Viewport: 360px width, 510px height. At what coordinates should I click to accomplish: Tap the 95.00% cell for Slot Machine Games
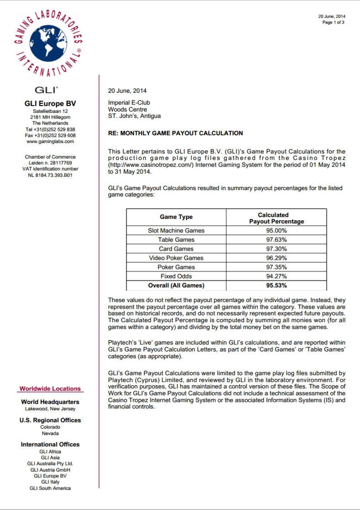pyautogui.click(x=276, y=231)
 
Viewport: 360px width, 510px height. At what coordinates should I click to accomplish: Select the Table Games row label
pyautogui.click(x=176, y=240)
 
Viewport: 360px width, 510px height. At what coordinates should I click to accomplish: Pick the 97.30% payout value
pyautogui.click(x=276, y=249)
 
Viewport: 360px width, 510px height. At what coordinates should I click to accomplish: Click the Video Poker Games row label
pyautogui.click(x=176, y=258)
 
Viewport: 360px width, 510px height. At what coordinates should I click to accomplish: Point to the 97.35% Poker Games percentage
pyautogui.click(x=276, y=267)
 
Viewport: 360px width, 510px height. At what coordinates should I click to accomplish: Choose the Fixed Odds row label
pyautogui.click(x=176, y=276)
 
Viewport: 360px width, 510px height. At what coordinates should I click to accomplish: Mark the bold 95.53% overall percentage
pyautogui.click(x=276, y=286)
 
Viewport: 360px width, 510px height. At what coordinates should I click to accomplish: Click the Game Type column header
pyautogui.click(x=176, y=217)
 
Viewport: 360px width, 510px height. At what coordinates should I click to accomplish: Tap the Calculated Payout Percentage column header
pyautogui.click(x=276, y=218)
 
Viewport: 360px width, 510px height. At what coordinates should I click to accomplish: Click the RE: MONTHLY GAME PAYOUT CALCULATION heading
pyautogui.click(x=175, y=133)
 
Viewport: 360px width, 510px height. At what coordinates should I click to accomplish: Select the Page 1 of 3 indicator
pyautogui.click(x=333, y=22)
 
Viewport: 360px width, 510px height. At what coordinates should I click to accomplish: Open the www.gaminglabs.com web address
pyautogui.click(x=50, y=142)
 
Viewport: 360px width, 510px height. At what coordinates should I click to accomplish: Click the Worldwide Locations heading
pyautogui.click(x=50, y=389)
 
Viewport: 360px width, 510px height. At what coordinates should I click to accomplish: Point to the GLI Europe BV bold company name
pyautogui.click(x=50, y=104)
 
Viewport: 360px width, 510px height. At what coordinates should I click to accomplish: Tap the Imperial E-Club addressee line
pyautogui.click(x=129, y=103)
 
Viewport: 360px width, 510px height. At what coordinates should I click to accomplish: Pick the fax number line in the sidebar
pyautogui.click(x=50, y=136)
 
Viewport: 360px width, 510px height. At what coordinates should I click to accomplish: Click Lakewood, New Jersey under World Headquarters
pyautogui.click(x=50, y=409)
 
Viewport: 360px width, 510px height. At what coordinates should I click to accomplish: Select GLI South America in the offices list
pyautogui.click(x=50, y=489)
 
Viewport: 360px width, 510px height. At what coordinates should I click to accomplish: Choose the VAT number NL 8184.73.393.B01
pyautogui.click(x=50, y=175)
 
